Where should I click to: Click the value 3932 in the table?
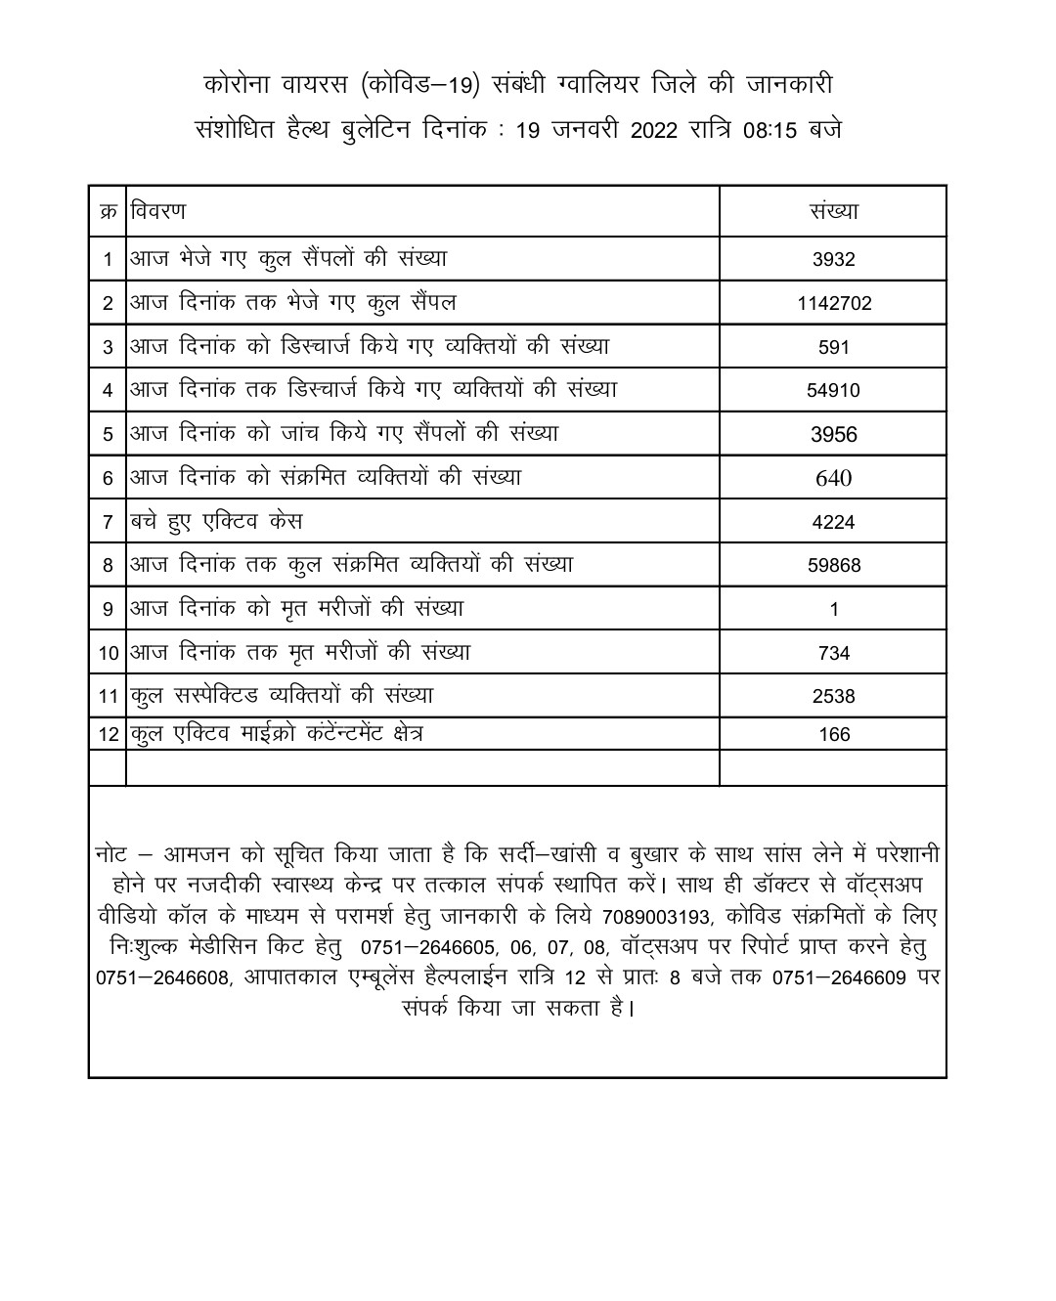click(833, 260)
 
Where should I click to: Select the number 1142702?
click(833, 304)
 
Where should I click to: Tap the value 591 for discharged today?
click(833, 347)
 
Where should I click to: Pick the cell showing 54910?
click(833, 391)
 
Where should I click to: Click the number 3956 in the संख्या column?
click(833, 435)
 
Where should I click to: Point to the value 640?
click(833, 478)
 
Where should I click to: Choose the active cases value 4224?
click(833, 522)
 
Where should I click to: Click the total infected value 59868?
click(833, 565)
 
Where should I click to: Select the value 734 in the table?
click(833, 653)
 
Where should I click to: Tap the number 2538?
click(833, 696)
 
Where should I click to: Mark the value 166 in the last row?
click(833, 735)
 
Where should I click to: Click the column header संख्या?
click(833, 211)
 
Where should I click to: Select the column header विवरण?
click(158, 211)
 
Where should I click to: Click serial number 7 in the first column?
click(108, 522)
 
